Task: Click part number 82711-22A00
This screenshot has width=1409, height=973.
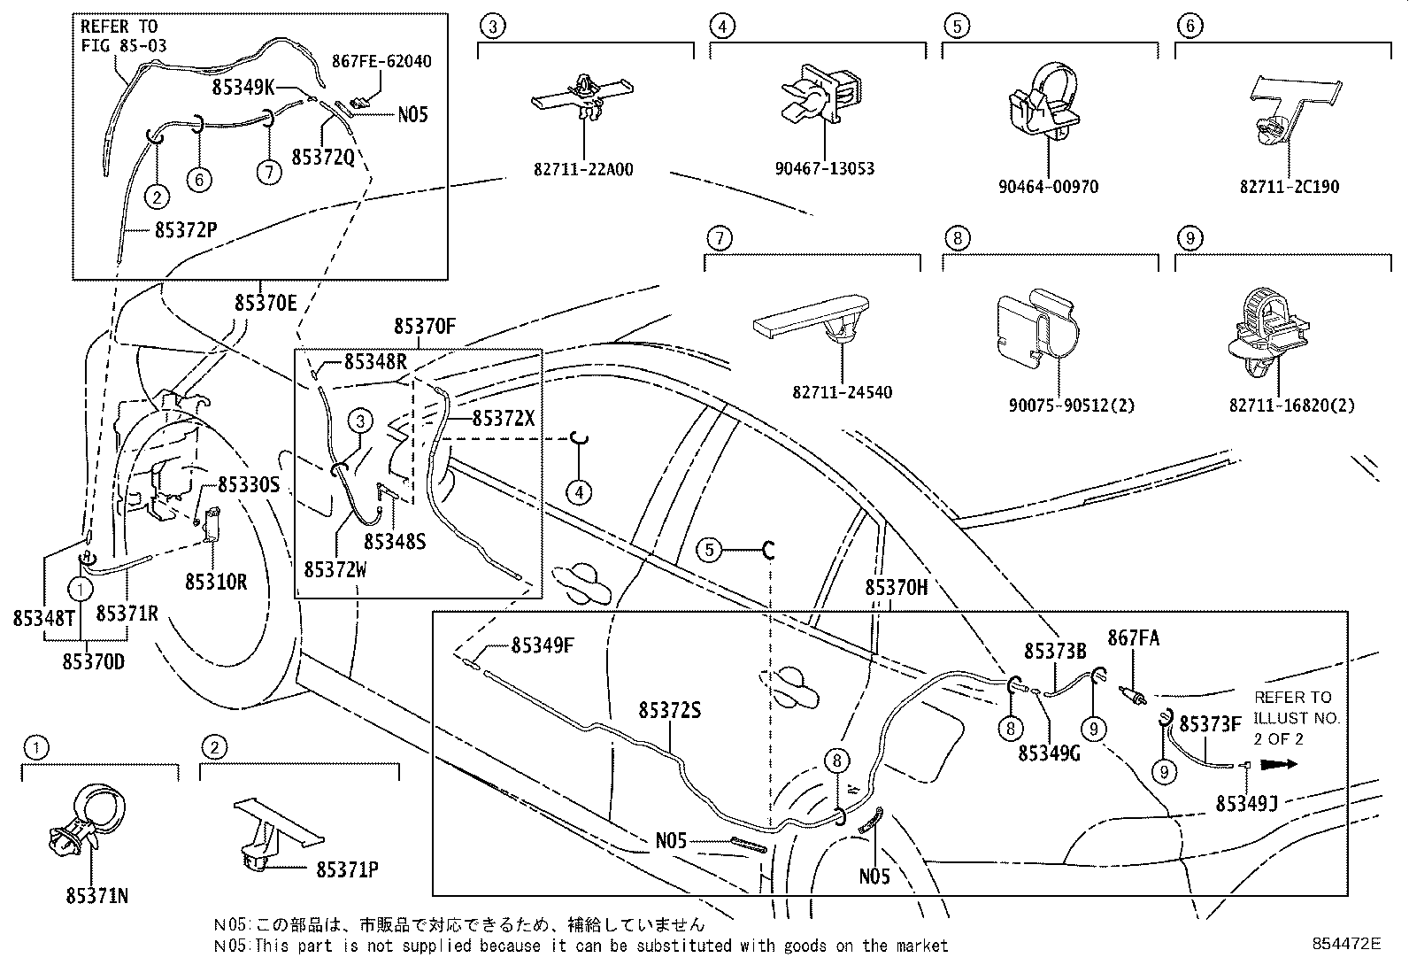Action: coord(582,169)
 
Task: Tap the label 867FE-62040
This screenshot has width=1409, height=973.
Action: coord(382,61)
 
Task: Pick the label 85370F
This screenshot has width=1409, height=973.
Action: coord(425,327)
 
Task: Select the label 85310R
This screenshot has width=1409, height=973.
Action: coord(215,582)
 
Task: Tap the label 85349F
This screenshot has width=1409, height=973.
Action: coord(543,645)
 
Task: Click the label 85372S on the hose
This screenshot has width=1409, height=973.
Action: coord(670,710)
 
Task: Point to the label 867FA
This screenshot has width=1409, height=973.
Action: coord(1134,638)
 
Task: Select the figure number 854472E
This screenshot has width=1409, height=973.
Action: coord(1346,944)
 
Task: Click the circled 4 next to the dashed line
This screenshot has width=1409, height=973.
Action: coord(579,491)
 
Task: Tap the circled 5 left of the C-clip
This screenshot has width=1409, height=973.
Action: coord(708,551)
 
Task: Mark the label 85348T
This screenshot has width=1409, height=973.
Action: coord(42,617)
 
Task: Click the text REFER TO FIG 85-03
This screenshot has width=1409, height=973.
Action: coord(123,36)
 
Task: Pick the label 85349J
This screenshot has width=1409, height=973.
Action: coord(1246,803)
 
